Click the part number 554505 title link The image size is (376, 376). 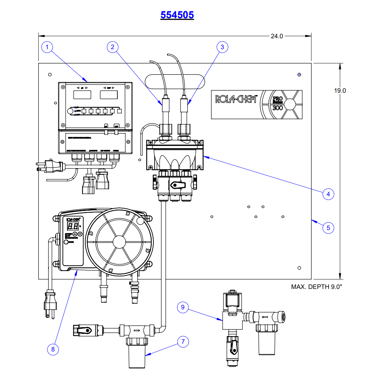coord(177,15)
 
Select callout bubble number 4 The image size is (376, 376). coord(328,194)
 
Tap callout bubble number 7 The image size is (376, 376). coord(183,342)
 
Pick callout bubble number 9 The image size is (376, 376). coord(183,308)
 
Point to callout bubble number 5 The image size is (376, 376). coord(328,227)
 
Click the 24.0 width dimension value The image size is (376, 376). coord(277,36)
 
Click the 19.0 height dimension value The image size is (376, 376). coord(340,91)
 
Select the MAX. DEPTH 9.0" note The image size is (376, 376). coord(316,287)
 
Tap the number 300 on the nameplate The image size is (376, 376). coord(278,108)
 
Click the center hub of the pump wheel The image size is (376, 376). coord(120,242)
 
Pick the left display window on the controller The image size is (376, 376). coord(83,94)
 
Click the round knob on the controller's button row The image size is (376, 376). coord(71,111)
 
